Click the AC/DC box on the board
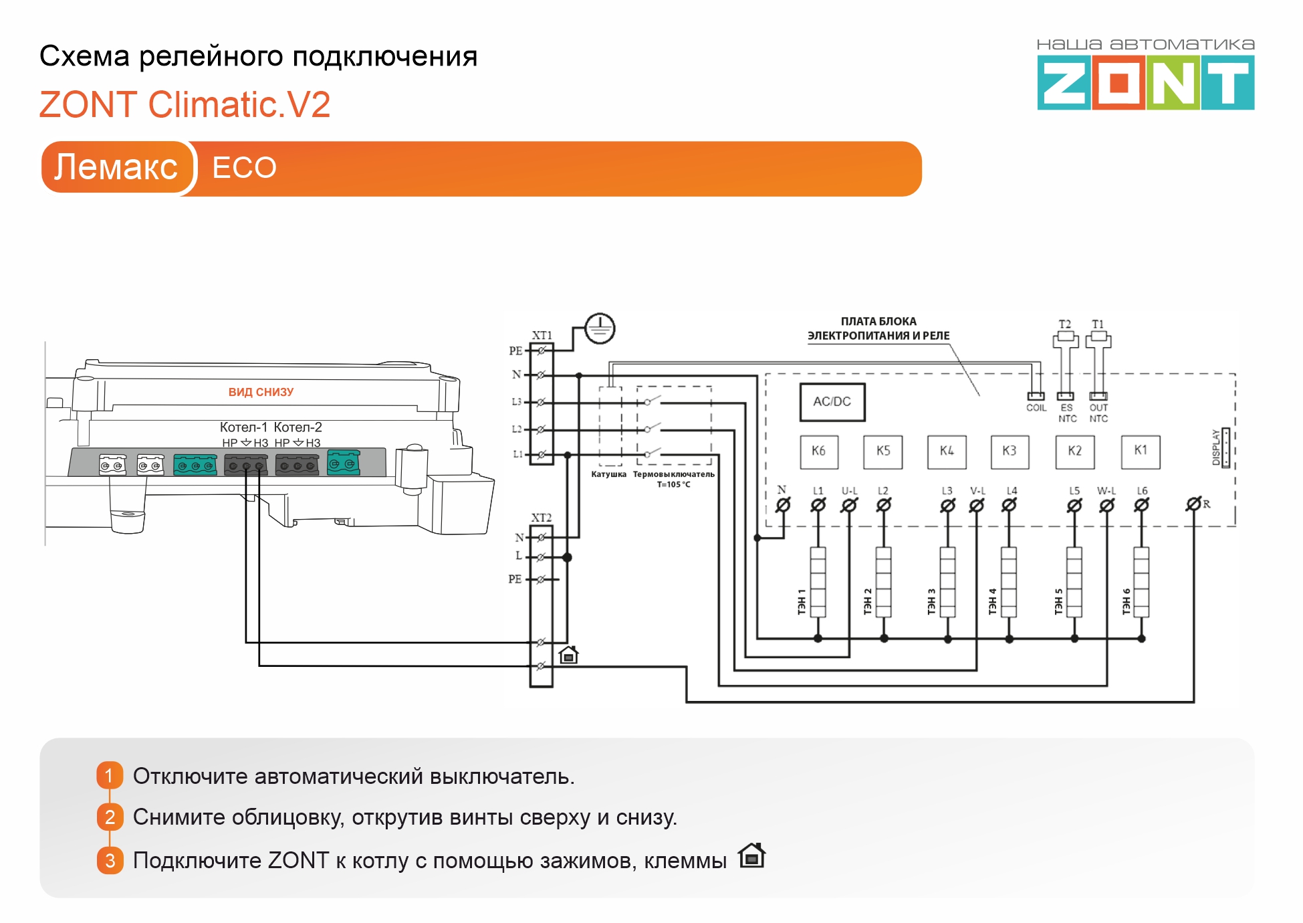(x=832, y=402)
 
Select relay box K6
(x=819, y=451)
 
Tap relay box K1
(x=1141, y=451)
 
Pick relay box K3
(x=1010, y=451)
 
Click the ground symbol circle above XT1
(x=600, y=328)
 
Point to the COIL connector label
(x=1036, y=408)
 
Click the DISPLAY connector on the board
(x=1225, y=447)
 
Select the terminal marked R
(x=1193, y=504)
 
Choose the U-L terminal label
(x=849, y=491)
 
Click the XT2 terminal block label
(x=542, y=518)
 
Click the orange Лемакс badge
(x=116, y=167)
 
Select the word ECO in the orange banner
(x=244, y=168)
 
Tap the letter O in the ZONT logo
(x=1118, y=84)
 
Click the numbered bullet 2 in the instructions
(x=110, y=817)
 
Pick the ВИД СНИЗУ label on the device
(x=261, y=392)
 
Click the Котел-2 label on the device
(x=298, y=427)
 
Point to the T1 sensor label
(x=1098, y=324)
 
